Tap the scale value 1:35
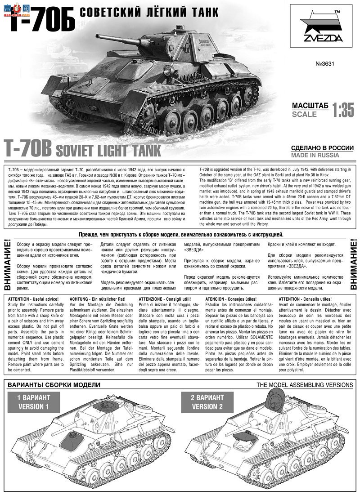[342, 109]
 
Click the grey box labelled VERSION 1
[33, 402]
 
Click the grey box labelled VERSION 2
[207, 402]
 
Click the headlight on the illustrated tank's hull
[169, 71]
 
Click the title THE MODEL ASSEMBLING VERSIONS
[305, 385]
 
